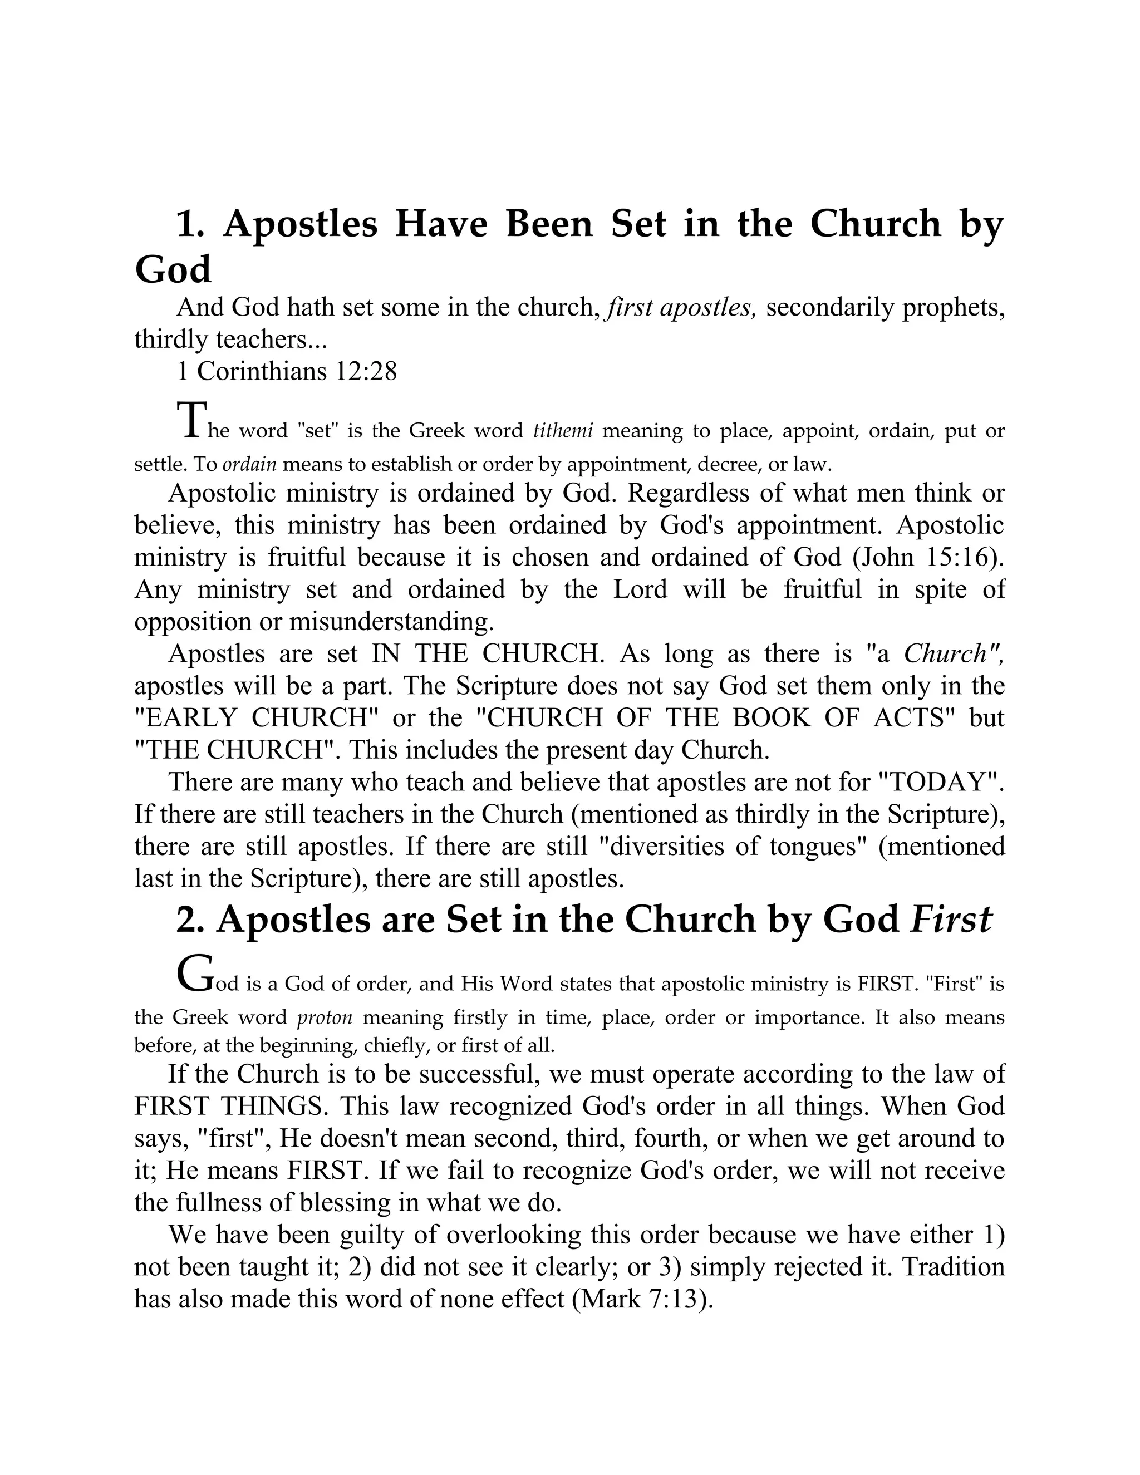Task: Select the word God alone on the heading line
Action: (x=173, y=270)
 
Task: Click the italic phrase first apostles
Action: (x=681, y=308)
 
